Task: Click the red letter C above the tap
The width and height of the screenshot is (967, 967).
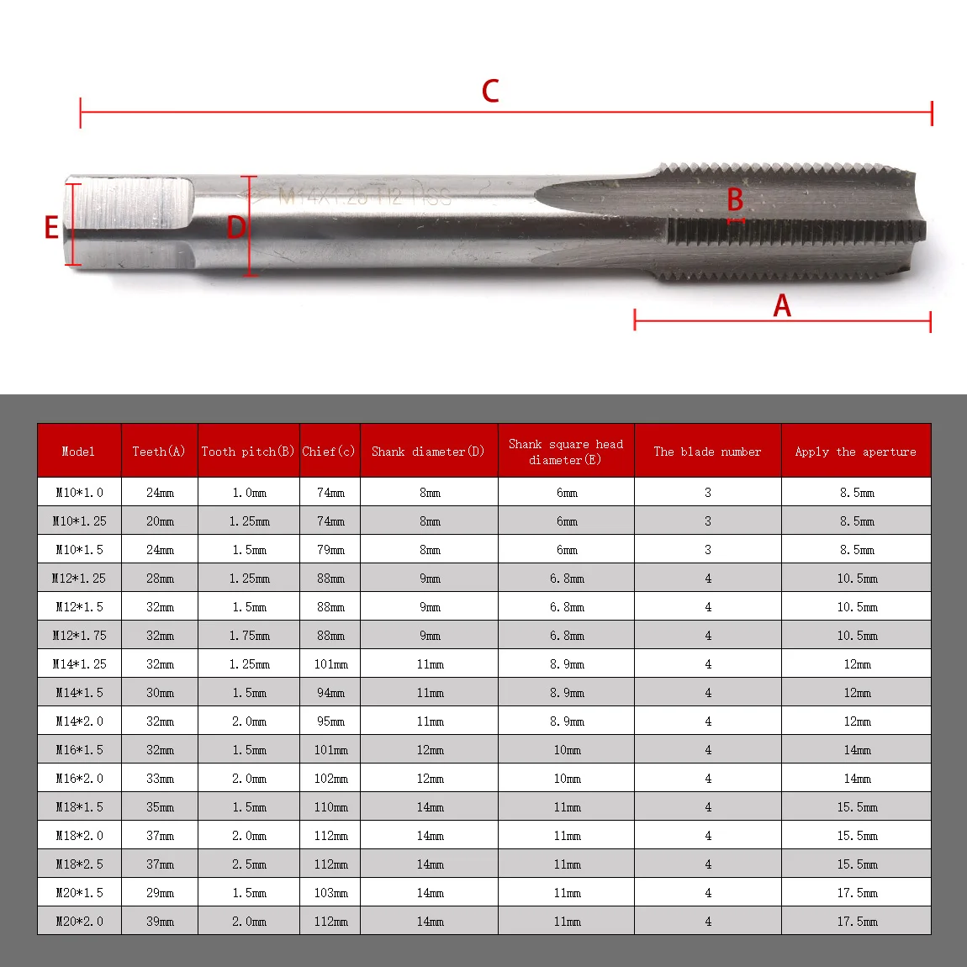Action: point(490,91)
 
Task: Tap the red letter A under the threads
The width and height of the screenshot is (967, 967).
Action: point(782,306)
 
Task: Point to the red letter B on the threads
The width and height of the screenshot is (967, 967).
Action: point(735,200)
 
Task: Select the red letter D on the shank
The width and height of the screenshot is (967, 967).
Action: point(236,227)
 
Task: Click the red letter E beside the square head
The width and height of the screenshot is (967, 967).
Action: point(52,227)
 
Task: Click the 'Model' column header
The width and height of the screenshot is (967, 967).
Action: point(78,452)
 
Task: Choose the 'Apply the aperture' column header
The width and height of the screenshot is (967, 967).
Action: point(856,452)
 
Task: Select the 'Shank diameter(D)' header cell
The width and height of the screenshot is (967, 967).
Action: point(428,452)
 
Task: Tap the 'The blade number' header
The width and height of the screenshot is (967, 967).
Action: point(707,452)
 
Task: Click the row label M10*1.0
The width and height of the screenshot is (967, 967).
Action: point(79,493)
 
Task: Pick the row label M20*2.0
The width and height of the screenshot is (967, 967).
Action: point(79,922)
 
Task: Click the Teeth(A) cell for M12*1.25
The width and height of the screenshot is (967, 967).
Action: point(160,579)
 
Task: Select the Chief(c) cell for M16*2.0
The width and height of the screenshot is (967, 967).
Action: point(330,779)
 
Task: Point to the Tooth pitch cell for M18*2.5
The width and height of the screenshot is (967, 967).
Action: point(249,864)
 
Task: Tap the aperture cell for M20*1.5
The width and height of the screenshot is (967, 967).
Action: point(857,893)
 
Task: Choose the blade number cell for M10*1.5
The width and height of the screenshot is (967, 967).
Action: point(708,550)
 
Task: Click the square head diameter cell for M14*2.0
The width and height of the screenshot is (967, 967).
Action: point(567,721)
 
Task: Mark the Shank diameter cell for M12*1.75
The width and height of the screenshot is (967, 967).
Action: point(430,636)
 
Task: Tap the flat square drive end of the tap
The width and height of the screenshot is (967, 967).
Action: point(130,222)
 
